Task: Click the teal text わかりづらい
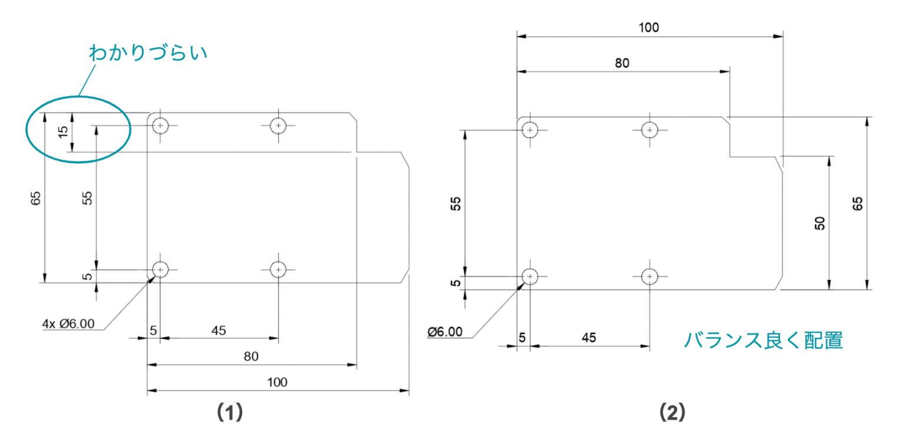[x=148, y=52]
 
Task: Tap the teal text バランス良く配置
[x=763, y=340]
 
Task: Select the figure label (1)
[x=230, y=412]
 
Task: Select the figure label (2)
[x=672, y=412]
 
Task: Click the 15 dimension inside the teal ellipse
[x=64, y=132]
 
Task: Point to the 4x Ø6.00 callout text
[x=68, y=324]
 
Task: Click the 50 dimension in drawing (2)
[x=820, y=223]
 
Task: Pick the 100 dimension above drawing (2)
[x=649, y=28]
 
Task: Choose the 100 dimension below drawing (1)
[x=277, y=382]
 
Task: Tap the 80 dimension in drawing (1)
[x=251, y=356]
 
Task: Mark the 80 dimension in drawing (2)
[x=622, y=63]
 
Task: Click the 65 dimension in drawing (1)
[x=35, y=198]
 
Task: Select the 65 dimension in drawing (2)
[x=857, y=203]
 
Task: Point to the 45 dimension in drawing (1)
[x=219, y=331]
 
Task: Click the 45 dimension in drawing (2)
[x=589, y=338]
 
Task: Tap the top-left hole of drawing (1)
[x=160, y=126]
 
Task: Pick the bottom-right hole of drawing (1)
[x=278, y=270]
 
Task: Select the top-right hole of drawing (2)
[x=649, y=130]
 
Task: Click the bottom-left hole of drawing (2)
[x=530, y=276]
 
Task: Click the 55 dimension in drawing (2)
[x=455, y=203]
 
